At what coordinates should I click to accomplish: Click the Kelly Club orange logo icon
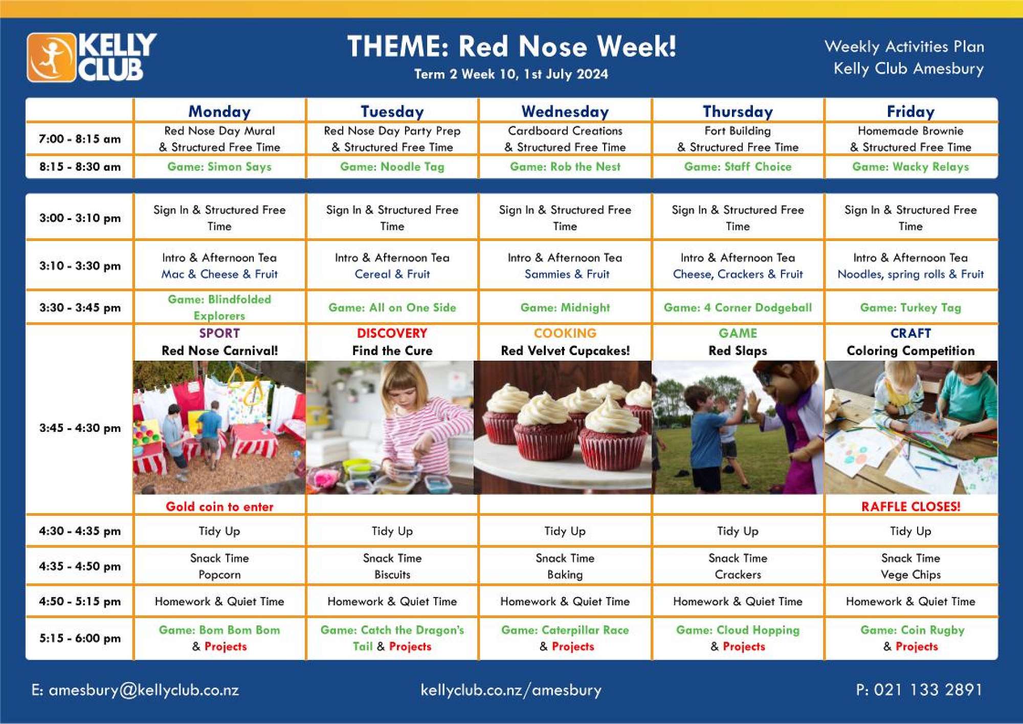[x=52, y=57]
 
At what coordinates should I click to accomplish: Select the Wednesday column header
[x=565, y=112]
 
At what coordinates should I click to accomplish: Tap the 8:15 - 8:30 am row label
[x=80, y=167]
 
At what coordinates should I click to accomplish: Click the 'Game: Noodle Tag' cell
[x=392, y=167]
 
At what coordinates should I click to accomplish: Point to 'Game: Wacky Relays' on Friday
[x=910, y=167]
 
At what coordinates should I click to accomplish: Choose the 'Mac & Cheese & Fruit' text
[x=219, y=274]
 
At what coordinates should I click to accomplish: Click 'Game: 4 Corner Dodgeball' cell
[x=738, y=308]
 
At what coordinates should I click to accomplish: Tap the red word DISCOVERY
[x=392, y=333]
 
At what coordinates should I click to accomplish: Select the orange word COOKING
[x=565, y=333]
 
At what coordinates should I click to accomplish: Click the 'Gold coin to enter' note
[x=219, y=507]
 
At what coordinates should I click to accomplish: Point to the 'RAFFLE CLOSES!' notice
[x=910, y=507]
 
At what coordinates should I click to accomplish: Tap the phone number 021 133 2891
[x=928, y=690]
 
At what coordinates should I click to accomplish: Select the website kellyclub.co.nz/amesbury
[x=511, y=690]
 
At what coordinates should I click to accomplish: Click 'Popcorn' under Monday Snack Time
[x=219, y=575]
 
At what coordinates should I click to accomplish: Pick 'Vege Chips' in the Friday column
[x=910, y=575]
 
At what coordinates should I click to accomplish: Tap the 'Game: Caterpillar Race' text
[x=565, y=630]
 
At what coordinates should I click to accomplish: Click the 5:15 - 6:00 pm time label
[x=80, y=638]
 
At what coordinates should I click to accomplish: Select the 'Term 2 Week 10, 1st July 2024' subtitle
[x=511, y=74]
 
